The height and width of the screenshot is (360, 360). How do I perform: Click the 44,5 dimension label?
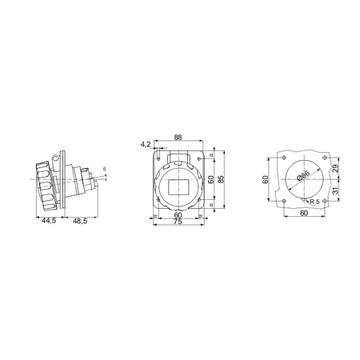tap(49, 221)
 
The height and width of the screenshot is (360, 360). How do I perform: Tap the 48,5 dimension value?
tap(80, 221)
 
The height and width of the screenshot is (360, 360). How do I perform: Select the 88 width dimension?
tap(178, 137)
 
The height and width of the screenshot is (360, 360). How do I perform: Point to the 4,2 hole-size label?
tap(146, 145)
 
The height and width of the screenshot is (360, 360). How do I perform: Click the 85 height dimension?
tap(221, 179)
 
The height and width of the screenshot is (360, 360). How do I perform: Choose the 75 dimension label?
tap(178, 222)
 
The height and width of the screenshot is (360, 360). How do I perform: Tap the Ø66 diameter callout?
tap(303, 176)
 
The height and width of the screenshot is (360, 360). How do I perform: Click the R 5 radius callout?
tap(314, 202)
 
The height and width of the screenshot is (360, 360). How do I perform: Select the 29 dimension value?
tap(335, 168)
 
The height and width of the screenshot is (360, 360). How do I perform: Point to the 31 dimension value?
tap(335, 190)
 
